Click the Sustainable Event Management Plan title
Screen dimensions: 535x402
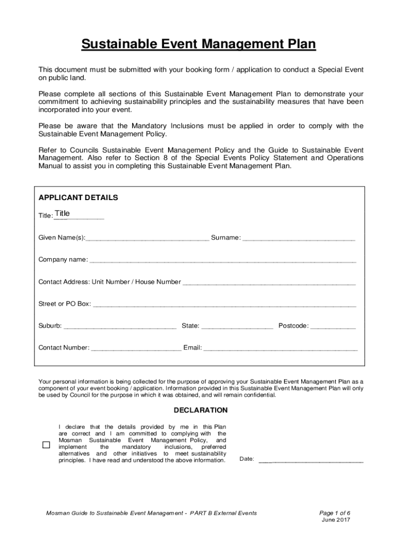pos(198,45)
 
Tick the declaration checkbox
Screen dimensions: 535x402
pos(46,445)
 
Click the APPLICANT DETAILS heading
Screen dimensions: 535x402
pos(78,198)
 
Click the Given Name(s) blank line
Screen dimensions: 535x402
pos(148,238)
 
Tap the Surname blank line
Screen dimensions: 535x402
pos(299,238)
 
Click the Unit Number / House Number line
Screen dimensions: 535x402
pos(269,282)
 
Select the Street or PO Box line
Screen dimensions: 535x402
pos(224,304)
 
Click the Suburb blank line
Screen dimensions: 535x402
pos(120,326)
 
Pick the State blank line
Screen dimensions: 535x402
pos(237,326)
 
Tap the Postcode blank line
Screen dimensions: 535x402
pos(333,326)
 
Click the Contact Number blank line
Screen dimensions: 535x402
pos(136,347)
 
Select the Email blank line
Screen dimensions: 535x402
pos(280,347)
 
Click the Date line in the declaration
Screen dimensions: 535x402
pos(311,460)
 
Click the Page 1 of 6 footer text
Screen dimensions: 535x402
pos(335,513)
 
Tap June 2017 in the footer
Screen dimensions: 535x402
pos(336,520)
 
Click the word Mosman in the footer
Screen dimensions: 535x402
pos(57,513)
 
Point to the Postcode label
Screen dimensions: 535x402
pos(293,326)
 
